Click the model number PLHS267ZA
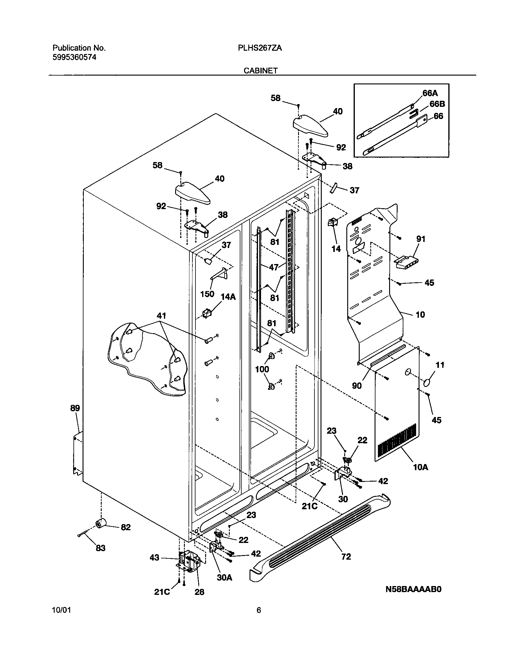pyautogui.click(x=260, y=48)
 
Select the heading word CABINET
pyautogui.click(x=260, y=71)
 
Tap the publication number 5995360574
pyautogui.click(x=74, y=57)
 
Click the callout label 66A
pyautogui.click(x=430, y=93)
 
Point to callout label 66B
pyautogui.click(x=437, y=104)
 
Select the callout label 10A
pyautogui.click(x=420, y=467)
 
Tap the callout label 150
pyautogui.click(x=207, y=294)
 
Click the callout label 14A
pyautogui.click(x=228, y=297)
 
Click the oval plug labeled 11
pyautogui.click(x=427, y=383)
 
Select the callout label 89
pyautogui.click(x=75, y=408)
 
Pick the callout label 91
pyautogui.click(x=421, y=239)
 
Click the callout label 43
pyautogui.click(x=154, y=558)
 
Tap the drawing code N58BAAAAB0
pyautogui.click(x=413, y=589)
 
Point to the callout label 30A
pyautogui.click(x=224, y=578)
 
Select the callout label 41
pyautogui.click(x=161, y=316)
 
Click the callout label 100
pyautogui.click(x=262, y=369)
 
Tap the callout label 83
pyautogui.click(x=100, y=548)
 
